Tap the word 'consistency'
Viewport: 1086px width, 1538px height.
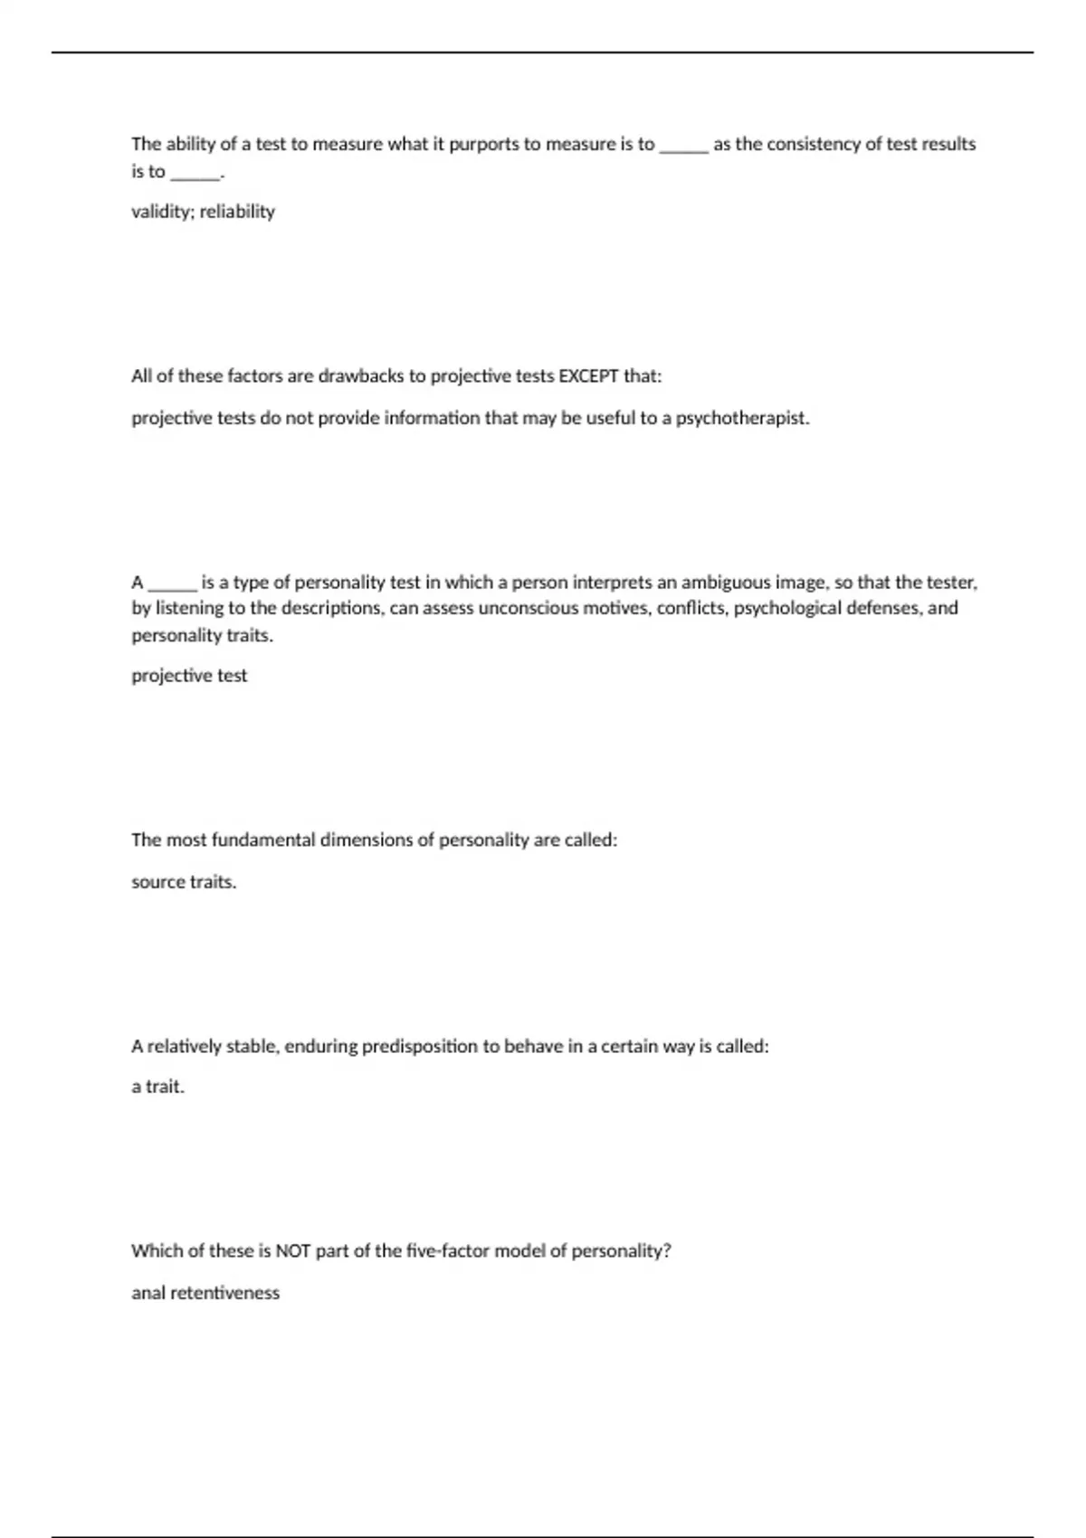click(x=813, y=145)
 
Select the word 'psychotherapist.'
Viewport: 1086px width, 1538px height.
click(x=743, y=419)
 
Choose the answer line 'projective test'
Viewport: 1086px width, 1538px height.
click(x=189, y=676)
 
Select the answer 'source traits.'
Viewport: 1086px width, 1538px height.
click(x=184, y=882)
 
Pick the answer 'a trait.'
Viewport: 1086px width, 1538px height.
click(x=157, y=1087)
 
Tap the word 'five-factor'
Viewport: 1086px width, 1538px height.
click(x=448, y=1251)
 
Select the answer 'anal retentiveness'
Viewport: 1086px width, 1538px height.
click(x=205, y=1293)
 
